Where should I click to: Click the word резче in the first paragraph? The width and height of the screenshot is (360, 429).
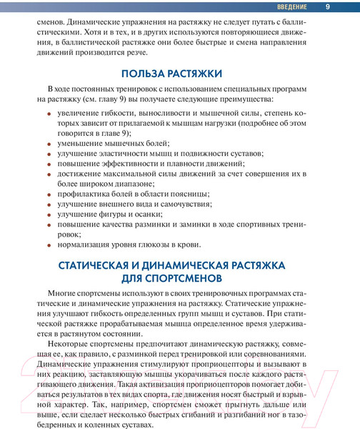click(x=136, y=52)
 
